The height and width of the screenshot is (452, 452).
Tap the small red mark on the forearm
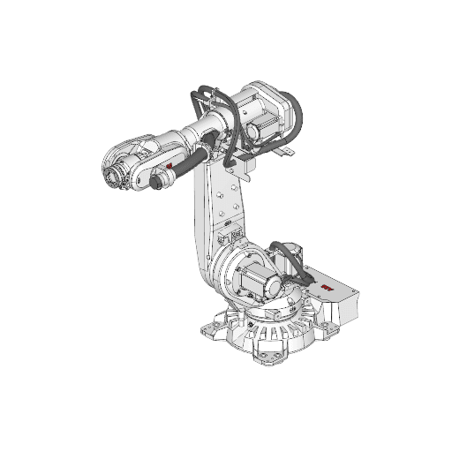tap(169, 164)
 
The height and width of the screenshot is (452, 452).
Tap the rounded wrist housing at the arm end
tap(124, 159)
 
